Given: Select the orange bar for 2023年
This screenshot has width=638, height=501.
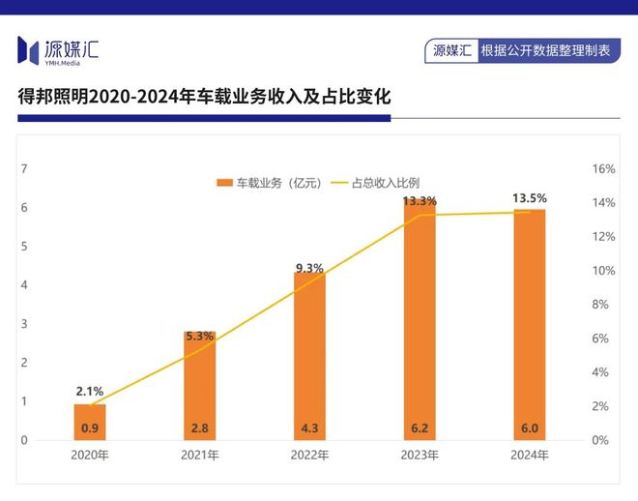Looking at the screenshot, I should pos(420,319).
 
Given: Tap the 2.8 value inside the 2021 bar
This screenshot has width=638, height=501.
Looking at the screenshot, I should pos(200,427).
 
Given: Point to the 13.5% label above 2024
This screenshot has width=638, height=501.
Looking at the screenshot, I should pos(530,198).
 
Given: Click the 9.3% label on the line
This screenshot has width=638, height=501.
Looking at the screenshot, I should pos(309,268).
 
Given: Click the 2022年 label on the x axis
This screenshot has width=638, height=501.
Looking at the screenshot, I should pos(309,455).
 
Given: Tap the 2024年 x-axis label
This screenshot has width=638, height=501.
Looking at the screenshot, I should pos(530,455).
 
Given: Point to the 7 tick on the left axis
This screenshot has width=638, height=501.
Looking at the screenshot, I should pos(23,169).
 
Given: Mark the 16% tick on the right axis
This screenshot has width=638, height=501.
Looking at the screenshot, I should pos(603,169).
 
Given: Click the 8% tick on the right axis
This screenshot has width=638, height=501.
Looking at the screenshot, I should pos(599,305).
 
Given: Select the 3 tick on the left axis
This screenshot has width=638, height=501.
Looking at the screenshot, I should pos(23,324).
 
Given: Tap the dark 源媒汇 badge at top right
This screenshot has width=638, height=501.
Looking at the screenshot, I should pos(451,50).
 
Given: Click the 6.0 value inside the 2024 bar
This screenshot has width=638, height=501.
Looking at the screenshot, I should pos(530,427).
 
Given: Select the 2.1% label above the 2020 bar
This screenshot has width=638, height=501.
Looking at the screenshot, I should pos(90,391).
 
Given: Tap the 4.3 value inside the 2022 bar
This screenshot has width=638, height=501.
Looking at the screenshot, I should pos(309,427).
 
